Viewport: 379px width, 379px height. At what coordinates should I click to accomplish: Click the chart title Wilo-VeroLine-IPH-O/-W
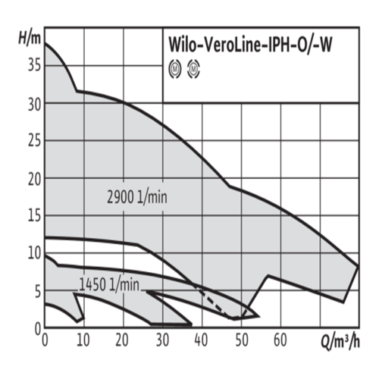(250, 45)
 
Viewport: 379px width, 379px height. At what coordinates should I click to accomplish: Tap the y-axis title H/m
(30, 39)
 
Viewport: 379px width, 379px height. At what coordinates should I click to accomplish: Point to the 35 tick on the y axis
(34, 65)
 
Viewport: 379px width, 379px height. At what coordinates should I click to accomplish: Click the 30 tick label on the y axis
(34, 105)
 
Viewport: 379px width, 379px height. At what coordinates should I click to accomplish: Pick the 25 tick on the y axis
(34, 141)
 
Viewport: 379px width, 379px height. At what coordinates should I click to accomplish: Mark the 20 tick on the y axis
(34, 180)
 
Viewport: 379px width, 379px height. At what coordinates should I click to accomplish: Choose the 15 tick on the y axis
(34, 216)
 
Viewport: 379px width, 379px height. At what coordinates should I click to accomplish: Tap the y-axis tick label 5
(37, 293)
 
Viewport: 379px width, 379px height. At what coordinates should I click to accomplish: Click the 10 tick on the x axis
(83, 340)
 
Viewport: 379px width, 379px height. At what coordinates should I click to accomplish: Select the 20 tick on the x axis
(122, 340)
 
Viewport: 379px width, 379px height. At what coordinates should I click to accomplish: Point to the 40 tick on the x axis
(201, 340)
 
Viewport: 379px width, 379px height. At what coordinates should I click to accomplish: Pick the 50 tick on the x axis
(242, 340)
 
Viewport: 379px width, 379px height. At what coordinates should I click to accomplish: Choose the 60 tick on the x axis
(280, 340)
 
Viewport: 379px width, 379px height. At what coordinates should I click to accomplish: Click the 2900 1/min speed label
(137, 197)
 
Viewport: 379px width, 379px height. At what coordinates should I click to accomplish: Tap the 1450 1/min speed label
(109, 285)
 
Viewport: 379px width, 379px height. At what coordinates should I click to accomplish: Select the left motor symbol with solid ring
(175, 68)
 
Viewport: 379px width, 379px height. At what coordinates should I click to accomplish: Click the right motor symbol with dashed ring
(193, 68)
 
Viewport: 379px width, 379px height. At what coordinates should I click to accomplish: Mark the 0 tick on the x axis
(45, 340)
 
